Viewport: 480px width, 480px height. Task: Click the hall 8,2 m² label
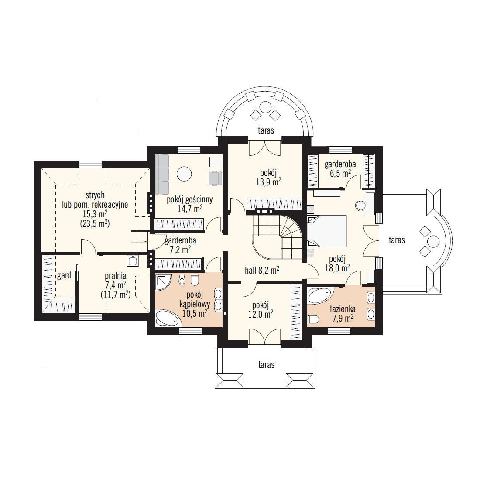(262, 270)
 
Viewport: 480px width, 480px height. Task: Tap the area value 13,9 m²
(268, 182)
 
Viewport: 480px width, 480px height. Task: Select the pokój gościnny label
(190, 200)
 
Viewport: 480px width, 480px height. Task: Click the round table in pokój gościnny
(184, 174)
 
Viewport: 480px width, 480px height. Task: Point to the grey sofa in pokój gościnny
(162, 175)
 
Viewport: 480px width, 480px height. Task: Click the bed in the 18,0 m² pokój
(327, 231)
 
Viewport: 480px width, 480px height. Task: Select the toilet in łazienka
(313, 319)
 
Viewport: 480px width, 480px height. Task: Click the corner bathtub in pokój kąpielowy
(167, 318)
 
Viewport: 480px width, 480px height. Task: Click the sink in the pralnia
(133, 261)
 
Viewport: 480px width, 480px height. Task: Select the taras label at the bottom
(266, 365)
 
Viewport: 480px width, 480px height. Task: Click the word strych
(95, 195)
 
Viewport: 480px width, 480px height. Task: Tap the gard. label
(65, 276)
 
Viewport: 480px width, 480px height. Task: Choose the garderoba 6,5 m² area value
(340, 173)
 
